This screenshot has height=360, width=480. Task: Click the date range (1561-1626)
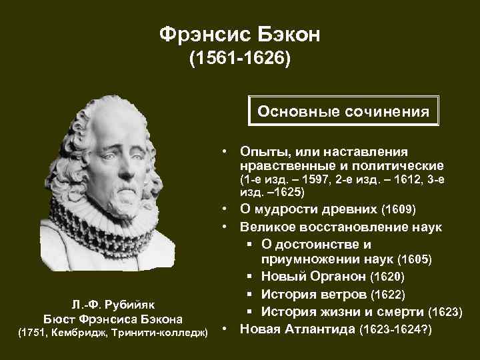click(240, 61)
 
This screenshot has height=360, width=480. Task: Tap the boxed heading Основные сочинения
click(343, 110)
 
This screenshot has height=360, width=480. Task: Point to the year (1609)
click(397, 211)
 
